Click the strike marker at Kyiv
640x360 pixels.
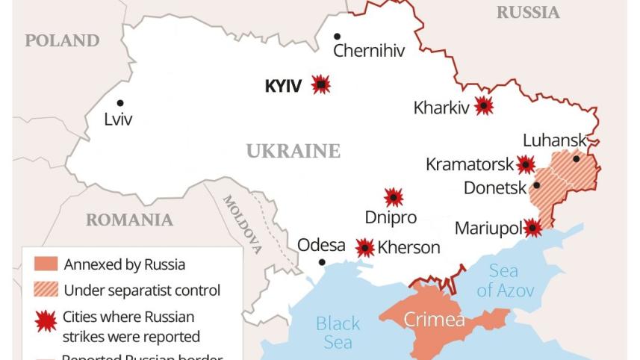point(321,84)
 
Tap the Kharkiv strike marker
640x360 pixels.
point(484,106)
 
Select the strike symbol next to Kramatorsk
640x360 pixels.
point(526,164)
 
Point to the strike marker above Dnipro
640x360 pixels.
point(394,197)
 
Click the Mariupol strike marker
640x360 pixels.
point(532,228)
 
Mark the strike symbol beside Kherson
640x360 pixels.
point(364,247)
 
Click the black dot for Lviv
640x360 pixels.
point(120,103)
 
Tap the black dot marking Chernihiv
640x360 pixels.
point(338,36)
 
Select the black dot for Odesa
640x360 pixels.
point(322,262)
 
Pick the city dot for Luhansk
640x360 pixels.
point(577,158)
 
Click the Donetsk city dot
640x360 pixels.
point(536,186)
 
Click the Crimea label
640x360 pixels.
point(434,320)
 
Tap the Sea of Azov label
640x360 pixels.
point(506,281)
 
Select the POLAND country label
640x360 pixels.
point(62,41)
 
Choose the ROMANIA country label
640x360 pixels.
point(129,220)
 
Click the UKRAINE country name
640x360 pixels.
point(293,152)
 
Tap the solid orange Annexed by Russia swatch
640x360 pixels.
point(46,264)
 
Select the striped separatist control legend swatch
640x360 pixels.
point(46,290)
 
